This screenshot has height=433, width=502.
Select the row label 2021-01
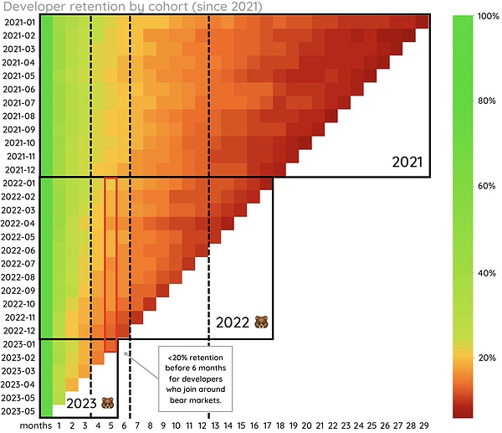pos(19,22)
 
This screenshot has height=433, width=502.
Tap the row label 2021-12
pos(19,170)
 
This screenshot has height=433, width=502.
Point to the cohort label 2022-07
pos(19,264)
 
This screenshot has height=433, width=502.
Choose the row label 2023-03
pos(19,371)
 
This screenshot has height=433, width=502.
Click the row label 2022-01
pos(19,183)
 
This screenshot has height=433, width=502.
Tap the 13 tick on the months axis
pos(214,425)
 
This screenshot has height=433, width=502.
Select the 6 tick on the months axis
pos(124,425)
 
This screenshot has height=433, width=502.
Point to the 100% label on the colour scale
pos(488,16)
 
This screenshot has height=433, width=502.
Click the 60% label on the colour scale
pos(488,185)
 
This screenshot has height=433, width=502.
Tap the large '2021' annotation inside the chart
pos(408,161)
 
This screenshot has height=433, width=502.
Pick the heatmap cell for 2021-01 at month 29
pos(423,22)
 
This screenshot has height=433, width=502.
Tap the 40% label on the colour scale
pos(488,274)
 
